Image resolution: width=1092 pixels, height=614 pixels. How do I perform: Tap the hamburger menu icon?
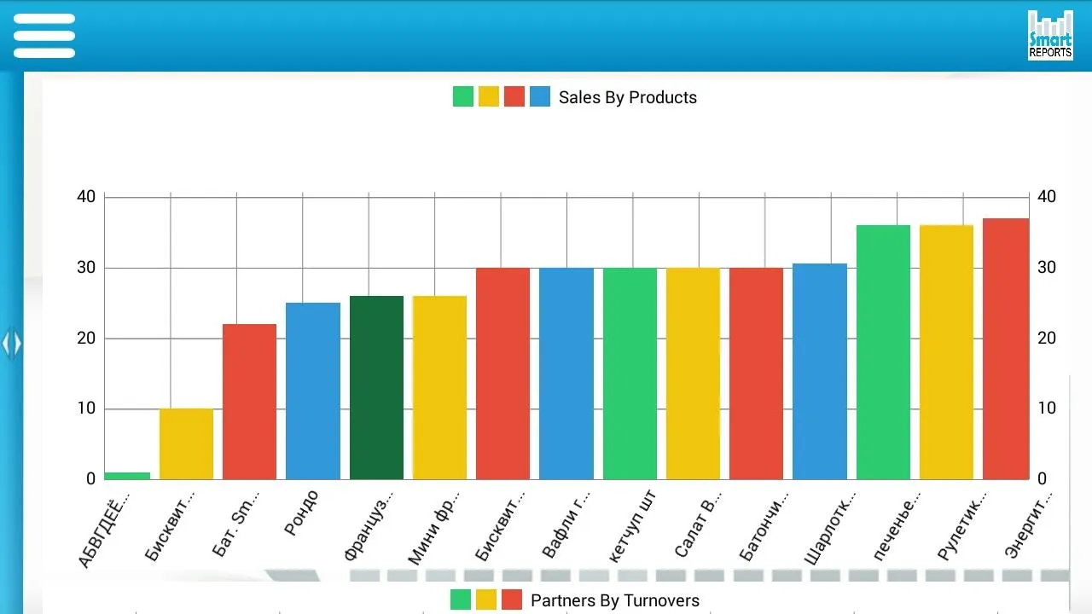(44, 36)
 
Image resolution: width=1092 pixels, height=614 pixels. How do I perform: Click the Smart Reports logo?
(1049, 36)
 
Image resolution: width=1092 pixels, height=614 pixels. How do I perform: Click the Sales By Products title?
(627, 97)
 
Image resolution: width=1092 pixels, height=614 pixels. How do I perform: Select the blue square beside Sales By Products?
(539, 96)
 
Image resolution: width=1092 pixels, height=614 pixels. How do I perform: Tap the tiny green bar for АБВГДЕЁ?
(127, 475)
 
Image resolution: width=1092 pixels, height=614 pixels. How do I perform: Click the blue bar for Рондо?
(313, 391)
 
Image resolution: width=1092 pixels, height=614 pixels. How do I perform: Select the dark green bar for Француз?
(376, 387)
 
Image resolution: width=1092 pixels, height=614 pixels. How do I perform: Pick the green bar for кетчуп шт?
(630, 374)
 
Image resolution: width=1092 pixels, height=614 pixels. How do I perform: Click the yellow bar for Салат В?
(693, 374)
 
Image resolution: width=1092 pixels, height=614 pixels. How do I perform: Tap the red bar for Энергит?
(1006, 349)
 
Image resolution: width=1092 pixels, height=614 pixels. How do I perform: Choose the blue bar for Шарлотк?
(819, 372)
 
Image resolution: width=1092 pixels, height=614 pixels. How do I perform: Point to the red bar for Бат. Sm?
(249, 402)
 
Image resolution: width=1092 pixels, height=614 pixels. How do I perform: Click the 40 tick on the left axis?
(86, 197)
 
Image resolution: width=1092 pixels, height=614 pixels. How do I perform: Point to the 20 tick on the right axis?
(1047, 339)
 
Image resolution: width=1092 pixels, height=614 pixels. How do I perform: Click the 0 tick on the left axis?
(90, 479)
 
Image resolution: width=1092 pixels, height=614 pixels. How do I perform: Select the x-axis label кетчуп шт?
(632, 526)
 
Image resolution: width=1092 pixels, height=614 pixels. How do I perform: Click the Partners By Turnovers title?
(614, 600)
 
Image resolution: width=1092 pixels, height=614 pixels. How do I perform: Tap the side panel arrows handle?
(11, 344)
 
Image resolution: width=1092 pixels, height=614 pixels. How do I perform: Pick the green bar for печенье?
(883, 352)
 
